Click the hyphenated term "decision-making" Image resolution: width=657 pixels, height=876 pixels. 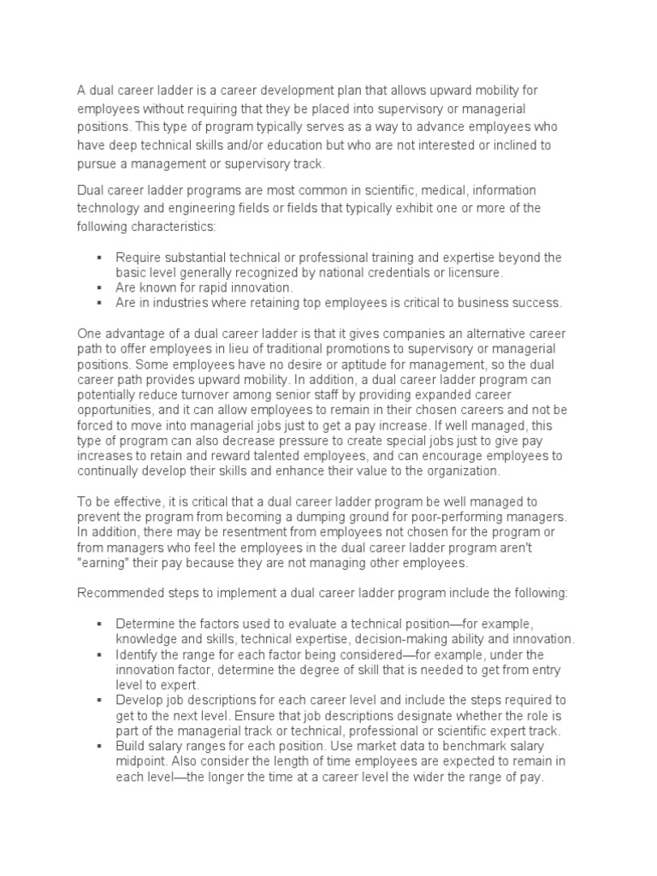coord(393,638)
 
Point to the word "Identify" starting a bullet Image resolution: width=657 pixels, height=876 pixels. coord(137,654)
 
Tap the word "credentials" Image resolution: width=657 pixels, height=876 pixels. coord(402,272)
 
